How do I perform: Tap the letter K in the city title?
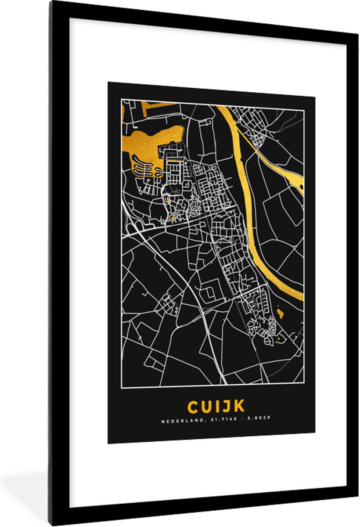pos(239,406)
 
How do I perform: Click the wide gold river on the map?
pos(248,198)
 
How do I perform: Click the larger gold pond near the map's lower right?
pos(280,313)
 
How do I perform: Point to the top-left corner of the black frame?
pos(52,4)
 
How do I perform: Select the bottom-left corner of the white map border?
pos(122,387)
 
